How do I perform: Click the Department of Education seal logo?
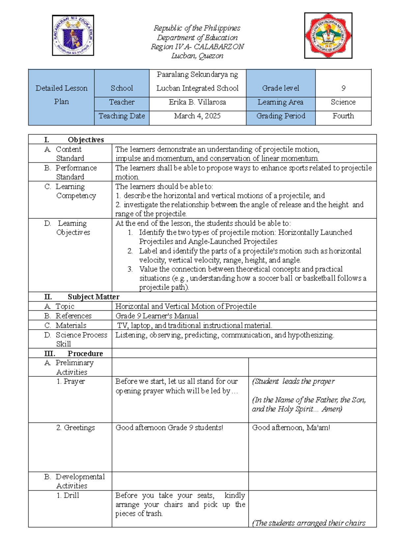point(73,35)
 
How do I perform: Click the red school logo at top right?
point(328,36)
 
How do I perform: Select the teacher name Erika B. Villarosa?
point(197,102)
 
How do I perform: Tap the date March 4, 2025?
point(197,116)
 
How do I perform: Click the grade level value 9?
point(343,88)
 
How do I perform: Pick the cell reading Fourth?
point(343,116)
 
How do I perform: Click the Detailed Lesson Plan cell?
point(62,95)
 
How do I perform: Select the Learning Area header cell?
point(280,102)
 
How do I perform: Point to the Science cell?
point(343,102)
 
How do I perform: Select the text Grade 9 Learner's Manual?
point(157,316)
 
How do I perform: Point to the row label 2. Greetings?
point(76,428)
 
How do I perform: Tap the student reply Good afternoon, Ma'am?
point(291,428)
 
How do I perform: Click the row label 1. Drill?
point(68,495)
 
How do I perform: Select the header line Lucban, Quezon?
point(197,56)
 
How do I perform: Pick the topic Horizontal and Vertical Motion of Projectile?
point(186,307)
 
